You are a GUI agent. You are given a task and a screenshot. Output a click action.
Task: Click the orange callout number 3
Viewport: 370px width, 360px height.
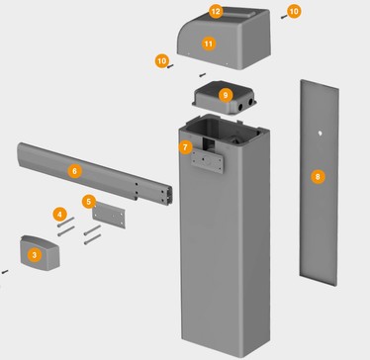coord(35,255)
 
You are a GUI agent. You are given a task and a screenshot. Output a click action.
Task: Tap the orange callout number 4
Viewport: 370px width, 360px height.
coord(59,215)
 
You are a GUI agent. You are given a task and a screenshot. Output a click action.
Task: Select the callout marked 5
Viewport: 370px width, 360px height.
coord(89,202)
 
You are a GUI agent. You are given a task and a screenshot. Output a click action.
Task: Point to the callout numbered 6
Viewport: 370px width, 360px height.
coord(74,171)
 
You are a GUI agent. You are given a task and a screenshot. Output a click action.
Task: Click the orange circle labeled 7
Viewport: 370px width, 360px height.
coord(185,147)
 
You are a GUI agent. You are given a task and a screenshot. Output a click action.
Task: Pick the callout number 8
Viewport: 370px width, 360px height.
coord(318,177)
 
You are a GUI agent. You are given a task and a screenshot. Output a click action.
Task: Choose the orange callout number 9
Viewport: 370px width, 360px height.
coord(226,95)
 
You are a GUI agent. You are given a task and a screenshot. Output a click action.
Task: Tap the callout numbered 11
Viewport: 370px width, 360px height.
coord(209,44)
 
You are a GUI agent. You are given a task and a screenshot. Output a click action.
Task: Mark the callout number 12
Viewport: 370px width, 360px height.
coord(216,12)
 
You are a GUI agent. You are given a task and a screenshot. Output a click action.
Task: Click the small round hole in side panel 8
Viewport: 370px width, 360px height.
coord(320,134)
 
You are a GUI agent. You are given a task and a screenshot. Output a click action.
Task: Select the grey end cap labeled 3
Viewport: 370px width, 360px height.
coord(41,253)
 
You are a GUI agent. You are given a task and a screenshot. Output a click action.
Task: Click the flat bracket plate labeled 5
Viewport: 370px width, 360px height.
coord(109,216)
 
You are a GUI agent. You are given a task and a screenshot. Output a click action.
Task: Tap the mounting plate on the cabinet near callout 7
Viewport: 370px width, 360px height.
coord(207,160)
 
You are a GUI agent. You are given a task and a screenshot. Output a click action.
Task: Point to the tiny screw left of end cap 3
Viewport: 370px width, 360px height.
coord(5,272)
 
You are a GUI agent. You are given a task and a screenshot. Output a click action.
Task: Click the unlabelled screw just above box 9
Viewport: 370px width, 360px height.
coord(202,75)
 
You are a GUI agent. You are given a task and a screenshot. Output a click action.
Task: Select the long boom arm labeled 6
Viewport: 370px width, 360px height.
coord(95,174)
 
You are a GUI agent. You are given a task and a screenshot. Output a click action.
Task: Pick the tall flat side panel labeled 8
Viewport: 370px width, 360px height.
coord(319,182)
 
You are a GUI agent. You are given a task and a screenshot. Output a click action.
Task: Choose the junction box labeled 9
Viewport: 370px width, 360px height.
coord(225,98)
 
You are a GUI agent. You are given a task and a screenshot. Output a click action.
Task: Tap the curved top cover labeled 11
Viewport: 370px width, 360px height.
coord(225,38)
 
